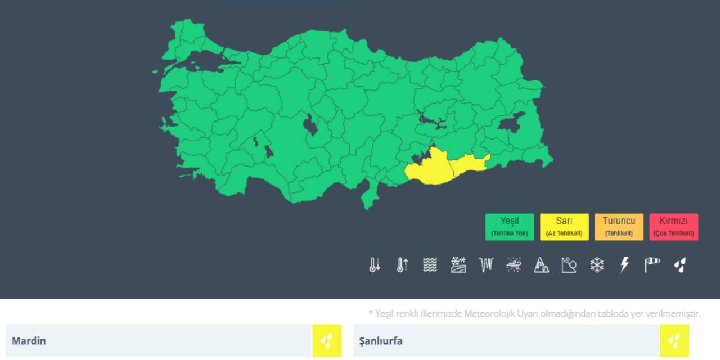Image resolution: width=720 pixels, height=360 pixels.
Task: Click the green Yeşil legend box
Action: point(510,227)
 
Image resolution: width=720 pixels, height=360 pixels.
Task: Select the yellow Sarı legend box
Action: point(564,227)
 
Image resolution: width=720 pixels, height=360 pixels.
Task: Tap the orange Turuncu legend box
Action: point(619,227)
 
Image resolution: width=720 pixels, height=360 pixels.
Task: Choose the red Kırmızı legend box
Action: point(673,227)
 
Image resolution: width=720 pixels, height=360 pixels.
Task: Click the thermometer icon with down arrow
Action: point(375,265)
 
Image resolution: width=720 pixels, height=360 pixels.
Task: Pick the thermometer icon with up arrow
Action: point(402,265)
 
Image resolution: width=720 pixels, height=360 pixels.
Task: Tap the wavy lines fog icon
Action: point(430,265)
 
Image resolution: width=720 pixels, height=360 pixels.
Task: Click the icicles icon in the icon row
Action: point(485,264)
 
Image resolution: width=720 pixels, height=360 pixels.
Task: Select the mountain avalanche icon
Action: point(541,265)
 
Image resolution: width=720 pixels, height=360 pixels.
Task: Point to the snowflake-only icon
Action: point(596,265)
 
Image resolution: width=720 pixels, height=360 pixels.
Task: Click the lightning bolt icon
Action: point(624,265)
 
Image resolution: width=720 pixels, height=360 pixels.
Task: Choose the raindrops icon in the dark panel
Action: point(680,265)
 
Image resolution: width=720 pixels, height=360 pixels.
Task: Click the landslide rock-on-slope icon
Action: point(569,265)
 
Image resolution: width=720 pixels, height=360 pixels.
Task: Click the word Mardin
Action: point(29,341)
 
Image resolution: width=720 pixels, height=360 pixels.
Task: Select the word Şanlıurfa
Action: point(381,341)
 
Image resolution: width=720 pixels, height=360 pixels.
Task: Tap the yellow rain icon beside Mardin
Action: point(327,340)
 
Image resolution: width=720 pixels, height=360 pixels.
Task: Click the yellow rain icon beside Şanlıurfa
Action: point(674,340)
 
